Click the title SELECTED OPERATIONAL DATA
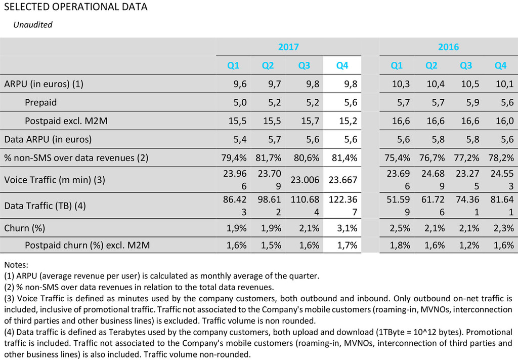click(76, 7)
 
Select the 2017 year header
click(288, 47)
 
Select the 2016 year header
click(448, 47)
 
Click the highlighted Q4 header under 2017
click(342, 65)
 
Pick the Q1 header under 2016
click(397, 65)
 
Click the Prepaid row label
click(40, 102)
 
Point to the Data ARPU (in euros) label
click(48, 139)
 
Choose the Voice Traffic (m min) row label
click(54, 180)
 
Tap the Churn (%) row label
click(25, 228)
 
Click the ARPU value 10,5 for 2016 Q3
click(469, 84)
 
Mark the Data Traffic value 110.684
click(306, 206)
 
